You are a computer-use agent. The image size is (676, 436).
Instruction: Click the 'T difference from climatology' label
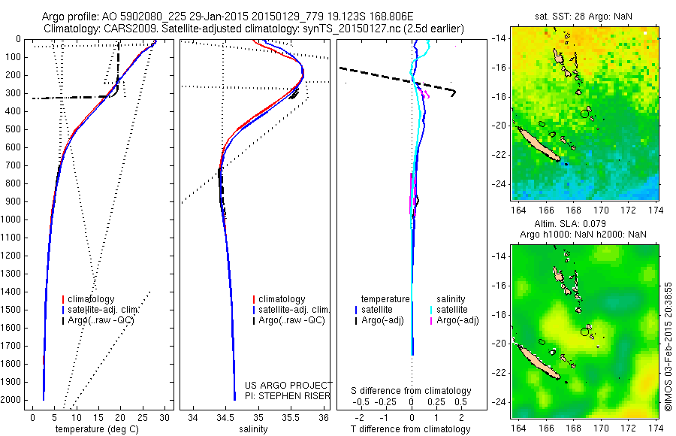(412, 429)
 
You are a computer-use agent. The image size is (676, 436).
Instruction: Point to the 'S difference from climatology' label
(412, 391)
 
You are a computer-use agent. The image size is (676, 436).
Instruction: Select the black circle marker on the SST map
(585, 114)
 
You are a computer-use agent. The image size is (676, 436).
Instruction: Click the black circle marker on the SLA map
(585, 332)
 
